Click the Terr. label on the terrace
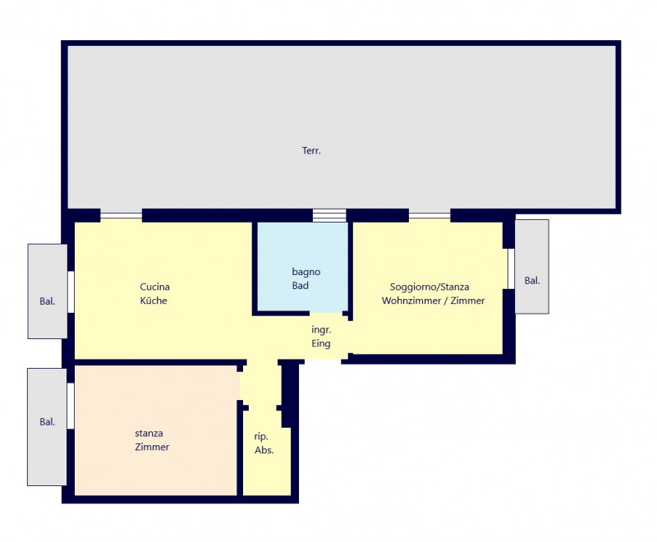coord(311,150)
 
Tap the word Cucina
coord(154,287)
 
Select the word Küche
coord(154,301)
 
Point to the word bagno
coord(306,273)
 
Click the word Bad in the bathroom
coord(301,286)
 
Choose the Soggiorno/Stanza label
coord(430,287)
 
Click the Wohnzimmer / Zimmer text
coord(434,301)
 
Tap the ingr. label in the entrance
coord(321,330)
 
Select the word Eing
coord(321,343)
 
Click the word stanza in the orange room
coord(149,434)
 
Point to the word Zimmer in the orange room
coord(152,447)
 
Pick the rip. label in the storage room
coord(261,437)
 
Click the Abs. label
coord(264,450)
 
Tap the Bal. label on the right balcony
coord(532,281)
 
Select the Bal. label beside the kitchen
coord(48,301)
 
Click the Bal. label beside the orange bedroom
coord(48,422)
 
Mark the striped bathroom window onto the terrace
coord(329,215)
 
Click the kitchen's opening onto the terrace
coord(121,215)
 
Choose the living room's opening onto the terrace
coord(430,215)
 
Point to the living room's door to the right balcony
coord(511,269)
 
